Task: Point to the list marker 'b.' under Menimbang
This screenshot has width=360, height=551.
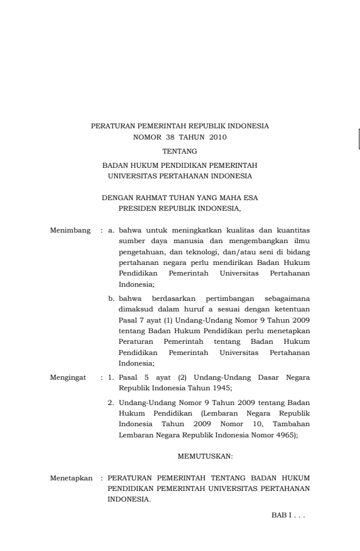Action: point(111,300)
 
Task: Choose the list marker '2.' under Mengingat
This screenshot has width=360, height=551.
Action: point(111,402)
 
